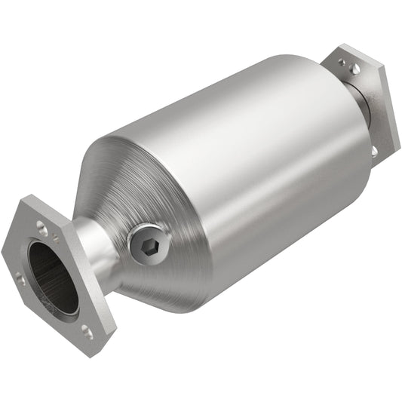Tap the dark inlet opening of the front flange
(x=54, y=277)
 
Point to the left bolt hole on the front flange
(x=21, y=280)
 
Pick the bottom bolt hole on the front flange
(x=87, y=330)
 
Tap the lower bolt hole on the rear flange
(x=374, y=150)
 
